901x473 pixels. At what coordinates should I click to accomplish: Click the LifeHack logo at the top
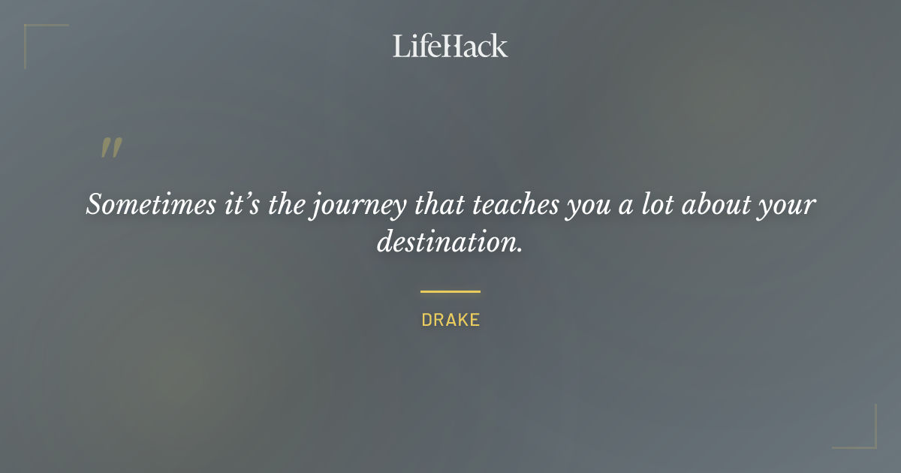[x=450, y=46]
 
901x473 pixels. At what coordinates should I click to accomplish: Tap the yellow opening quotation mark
[x=110, y=148]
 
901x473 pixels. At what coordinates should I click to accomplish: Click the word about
[x=707, y=204]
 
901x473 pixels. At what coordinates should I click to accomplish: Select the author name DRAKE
[x=450, y=320]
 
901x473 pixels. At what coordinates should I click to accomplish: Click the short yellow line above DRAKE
[x=450, y=291]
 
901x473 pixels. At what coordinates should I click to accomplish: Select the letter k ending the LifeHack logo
[x=500, y=46]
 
